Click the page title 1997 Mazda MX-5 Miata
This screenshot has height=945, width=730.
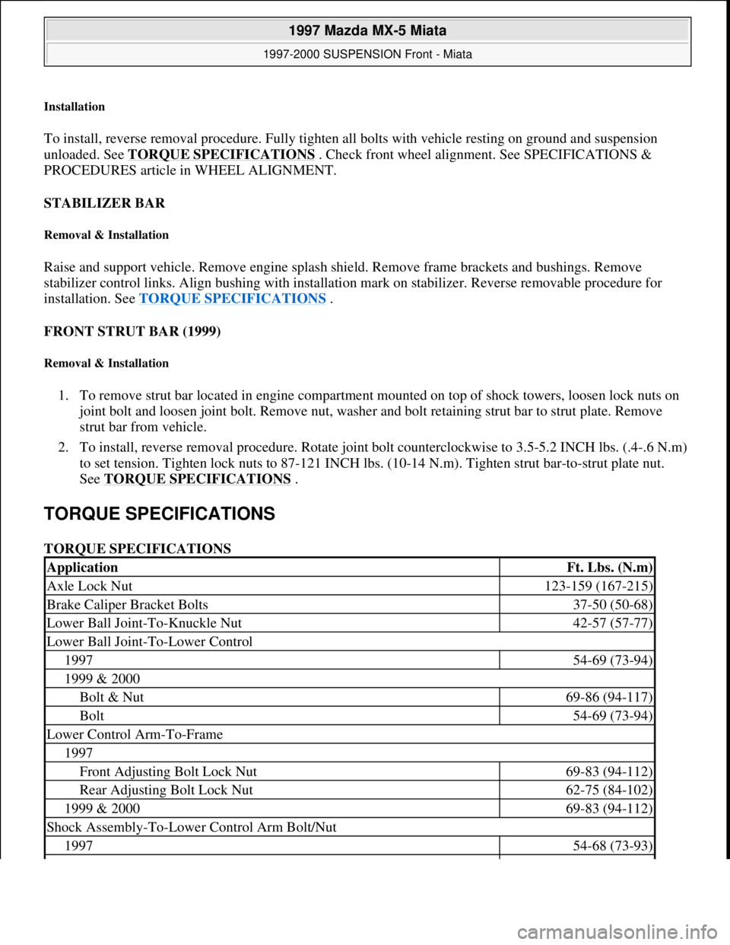pos(367,30)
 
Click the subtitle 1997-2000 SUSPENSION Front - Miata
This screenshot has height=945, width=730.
pos(367,54)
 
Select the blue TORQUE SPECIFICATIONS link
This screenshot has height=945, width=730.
pos(233,298)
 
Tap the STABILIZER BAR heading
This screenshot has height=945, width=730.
pos(104,203)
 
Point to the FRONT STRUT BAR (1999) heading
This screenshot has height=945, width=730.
pos(132,332)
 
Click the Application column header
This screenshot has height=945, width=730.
pos(82,568)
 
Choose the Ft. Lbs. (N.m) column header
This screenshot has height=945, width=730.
pos(610,568)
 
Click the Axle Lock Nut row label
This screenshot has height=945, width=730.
pos(90,586)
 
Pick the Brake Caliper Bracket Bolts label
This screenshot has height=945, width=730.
pos(127,605)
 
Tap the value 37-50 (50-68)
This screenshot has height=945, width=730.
pos(612,605)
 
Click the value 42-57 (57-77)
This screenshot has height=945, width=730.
pos(612,623)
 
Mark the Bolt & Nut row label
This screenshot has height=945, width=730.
pos(112,697)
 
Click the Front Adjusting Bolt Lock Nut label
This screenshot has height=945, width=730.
pos(168,772)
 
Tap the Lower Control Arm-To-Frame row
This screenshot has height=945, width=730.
pos(135,734)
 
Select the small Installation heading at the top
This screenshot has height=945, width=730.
pos(75,107)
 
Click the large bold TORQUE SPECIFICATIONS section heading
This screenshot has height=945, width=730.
pos(160,514)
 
